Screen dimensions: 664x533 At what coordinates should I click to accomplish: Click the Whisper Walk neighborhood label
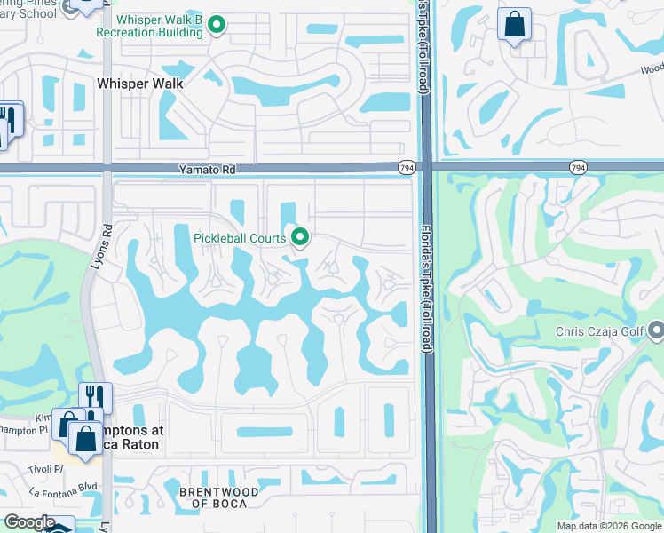[139, 83]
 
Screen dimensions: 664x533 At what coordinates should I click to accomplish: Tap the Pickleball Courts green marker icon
[300, 237]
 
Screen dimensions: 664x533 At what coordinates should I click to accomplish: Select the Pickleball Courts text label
[240, 238]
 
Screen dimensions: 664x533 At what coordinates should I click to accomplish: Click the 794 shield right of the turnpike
[577, 167]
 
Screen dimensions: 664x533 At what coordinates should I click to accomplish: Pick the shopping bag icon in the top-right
[515, 25]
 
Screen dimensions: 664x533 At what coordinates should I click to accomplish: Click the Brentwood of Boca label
[219, 498]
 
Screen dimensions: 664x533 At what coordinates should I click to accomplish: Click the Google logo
[28, 522]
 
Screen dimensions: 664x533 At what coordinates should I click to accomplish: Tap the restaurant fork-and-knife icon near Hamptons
[94, 396]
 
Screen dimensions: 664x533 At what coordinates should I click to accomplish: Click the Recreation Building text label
[159, 32]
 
